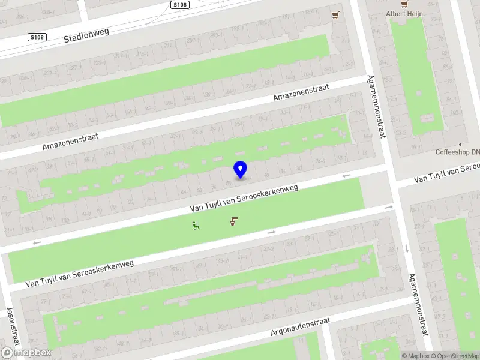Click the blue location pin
pos(240,170)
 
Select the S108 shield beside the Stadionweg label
pos(37,37)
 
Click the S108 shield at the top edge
pos(178,5)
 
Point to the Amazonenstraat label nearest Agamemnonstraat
pos(301,92)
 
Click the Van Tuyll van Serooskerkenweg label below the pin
pos(244,197)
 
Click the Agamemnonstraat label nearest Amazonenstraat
pos(377,107)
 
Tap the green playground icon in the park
pos(196,226)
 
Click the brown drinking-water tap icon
pos(233,222)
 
